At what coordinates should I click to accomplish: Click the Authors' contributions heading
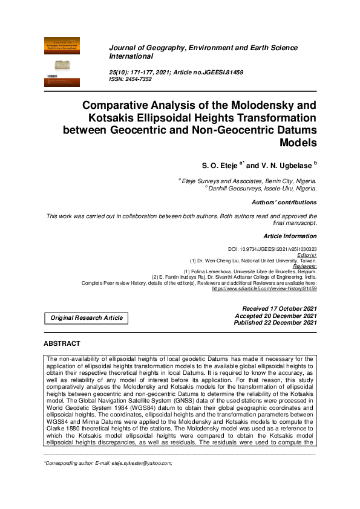[284, 203]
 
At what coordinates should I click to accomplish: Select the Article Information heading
[290, 235]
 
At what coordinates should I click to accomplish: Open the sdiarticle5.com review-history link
[264, 289]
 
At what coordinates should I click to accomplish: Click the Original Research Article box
[86, 317]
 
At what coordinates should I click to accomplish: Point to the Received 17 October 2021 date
[279, 308]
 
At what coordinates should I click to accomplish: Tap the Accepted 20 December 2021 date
[276, 316]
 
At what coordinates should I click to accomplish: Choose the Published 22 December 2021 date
[275, 323]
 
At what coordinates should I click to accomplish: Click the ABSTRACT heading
[62, 344]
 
